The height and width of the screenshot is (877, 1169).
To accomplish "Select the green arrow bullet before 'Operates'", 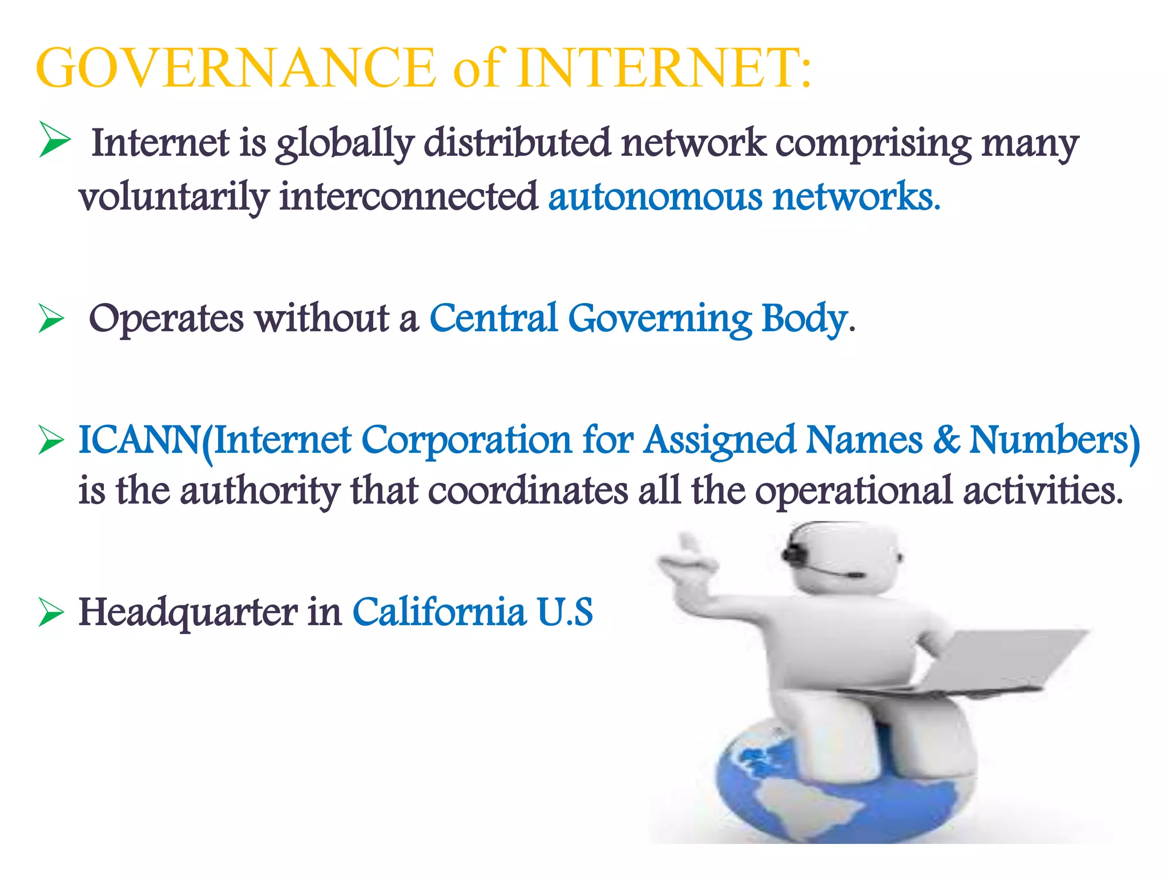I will [51, 318].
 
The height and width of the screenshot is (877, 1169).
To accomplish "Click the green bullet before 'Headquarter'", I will [51, 613].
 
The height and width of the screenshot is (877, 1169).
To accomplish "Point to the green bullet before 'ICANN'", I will [51, 441].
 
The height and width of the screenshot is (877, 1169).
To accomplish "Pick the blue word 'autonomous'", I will [655, 196].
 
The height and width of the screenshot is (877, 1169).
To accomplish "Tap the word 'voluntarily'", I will [174, 198].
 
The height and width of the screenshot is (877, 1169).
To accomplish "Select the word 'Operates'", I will [166, 319].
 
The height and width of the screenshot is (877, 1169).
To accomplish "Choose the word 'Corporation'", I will [466, 440].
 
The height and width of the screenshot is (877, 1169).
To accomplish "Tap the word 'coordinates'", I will [527, 490].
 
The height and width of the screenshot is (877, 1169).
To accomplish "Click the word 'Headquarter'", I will [188, 612].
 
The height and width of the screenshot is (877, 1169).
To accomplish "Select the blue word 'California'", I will [439, 612].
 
